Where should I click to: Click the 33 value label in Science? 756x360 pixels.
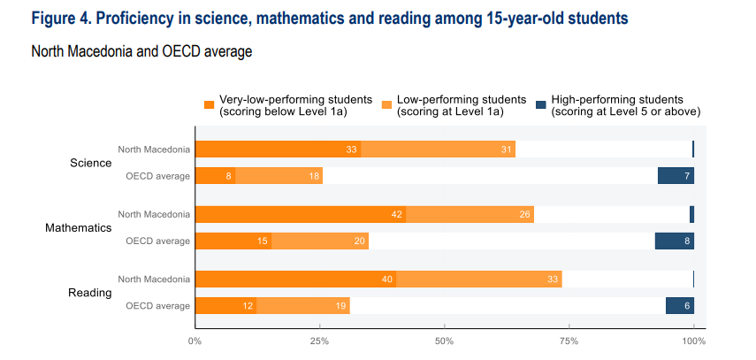point(351,149)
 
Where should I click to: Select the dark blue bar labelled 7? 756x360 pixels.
point(676,176)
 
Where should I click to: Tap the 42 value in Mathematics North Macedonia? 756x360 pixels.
point(396,214)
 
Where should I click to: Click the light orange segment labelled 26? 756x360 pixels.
point(470,214)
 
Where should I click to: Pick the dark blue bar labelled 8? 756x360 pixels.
point(674,241)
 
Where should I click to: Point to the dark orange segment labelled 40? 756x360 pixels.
point(295,279)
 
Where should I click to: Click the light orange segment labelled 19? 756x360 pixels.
point(302,305)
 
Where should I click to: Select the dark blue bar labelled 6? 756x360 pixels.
point(680,305)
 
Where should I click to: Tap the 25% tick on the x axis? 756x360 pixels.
point(320,341)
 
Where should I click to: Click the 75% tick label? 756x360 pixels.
point(569,341)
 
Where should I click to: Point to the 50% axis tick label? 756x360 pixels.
point(445,341)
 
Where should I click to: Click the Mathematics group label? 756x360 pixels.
point(79,227)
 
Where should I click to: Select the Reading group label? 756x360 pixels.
point(90,293)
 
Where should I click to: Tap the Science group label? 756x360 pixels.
point(91,163)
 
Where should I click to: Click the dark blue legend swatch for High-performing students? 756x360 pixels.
point(540,104)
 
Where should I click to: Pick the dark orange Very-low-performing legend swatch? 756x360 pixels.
point(209,104)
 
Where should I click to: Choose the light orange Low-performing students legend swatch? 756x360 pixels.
point(386,104)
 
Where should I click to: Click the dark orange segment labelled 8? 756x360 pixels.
point(215,176)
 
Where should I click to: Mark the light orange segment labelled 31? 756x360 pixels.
point(438,149)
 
